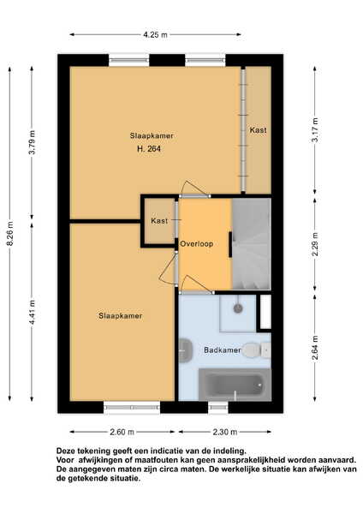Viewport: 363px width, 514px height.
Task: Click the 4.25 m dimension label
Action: [155, 34]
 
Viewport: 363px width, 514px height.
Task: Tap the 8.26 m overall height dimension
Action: [11, 233]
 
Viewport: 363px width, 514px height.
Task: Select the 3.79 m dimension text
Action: [33, 142]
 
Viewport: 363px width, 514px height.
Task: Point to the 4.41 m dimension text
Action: [33, 312]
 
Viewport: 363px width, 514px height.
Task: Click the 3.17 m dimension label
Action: [315, 130]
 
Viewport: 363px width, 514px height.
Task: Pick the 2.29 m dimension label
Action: [315, 245]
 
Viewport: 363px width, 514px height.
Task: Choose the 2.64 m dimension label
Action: [315, 348]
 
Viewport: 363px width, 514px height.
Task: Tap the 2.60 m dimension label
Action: [122, 432]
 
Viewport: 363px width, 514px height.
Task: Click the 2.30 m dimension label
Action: [225, 432]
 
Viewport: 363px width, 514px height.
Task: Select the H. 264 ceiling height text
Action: [149, 149]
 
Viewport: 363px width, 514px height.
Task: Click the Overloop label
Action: [197, 243]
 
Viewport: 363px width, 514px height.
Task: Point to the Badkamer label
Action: [223, 350]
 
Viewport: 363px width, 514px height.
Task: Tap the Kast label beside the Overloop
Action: [159, 221]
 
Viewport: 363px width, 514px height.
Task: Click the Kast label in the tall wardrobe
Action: [259, 130]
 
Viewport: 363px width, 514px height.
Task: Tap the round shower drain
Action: [238, 308]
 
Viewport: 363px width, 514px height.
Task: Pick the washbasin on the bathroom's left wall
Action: [186, 350]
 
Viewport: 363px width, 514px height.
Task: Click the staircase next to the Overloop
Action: [252, 244]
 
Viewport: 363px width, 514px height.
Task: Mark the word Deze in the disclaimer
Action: [65, 451]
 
